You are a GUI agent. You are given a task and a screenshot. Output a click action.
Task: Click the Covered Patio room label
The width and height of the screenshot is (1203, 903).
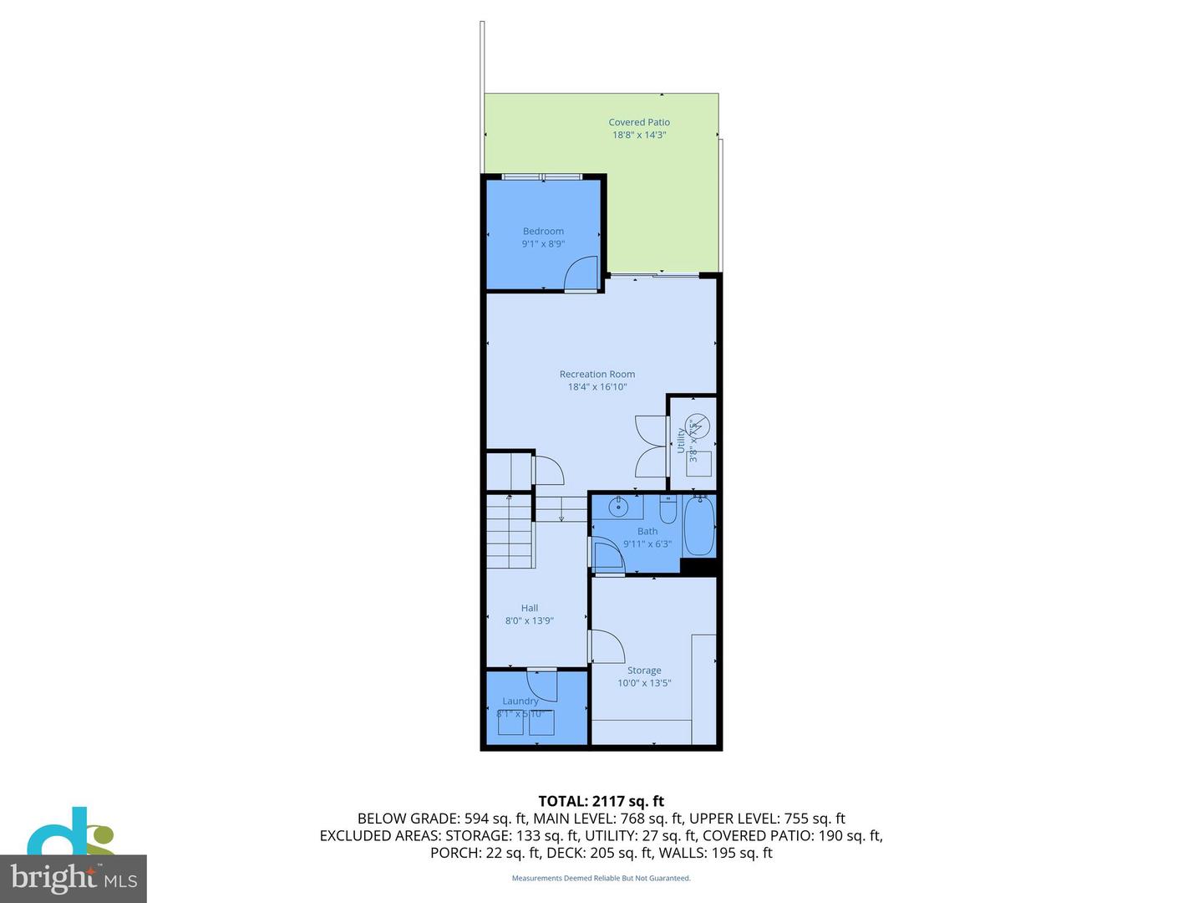click(x=639, y=122)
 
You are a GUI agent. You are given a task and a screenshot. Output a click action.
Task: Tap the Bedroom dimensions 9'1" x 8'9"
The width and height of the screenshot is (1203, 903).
click(x=543, y=244)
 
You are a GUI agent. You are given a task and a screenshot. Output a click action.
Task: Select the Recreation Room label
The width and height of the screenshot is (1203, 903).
click(x=597, y=375)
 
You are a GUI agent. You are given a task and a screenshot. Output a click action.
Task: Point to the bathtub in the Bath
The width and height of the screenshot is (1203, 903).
click(x=699, y=527)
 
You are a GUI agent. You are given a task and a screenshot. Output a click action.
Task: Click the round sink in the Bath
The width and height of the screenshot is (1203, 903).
click(x=619, y=506)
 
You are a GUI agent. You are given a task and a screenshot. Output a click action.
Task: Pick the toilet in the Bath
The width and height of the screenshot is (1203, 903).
click(x=667, y=509)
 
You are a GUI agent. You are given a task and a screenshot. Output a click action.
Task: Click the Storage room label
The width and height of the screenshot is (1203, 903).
click(x=644, y=671)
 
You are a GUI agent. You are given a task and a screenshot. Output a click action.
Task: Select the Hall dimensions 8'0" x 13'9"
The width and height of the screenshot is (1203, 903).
click(x=530, y=621)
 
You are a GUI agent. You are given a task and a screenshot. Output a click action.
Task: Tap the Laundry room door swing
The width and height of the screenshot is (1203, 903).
click(x=543, y=685)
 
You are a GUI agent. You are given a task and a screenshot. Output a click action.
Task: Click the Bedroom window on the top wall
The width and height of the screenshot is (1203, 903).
click(x=542, y=176)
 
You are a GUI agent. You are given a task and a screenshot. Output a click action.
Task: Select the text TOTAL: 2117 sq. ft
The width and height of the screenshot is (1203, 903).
click(x=601, y=802)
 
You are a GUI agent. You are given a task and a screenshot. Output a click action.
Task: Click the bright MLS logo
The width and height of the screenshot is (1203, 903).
click(x=74, y=878)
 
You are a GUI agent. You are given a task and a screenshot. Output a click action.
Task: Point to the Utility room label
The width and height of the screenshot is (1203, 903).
click(x=681, y=440)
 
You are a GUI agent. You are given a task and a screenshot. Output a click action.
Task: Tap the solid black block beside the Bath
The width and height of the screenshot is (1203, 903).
click(x=700, y=566)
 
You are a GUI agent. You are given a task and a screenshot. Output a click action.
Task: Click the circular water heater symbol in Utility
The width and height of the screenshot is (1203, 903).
click(x=698, y=426)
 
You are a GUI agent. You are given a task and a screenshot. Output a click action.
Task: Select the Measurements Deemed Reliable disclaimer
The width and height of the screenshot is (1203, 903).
click(x=601, y=878)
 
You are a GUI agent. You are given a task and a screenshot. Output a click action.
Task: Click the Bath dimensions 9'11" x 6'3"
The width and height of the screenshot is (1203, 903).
click(x=647, y=544)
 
